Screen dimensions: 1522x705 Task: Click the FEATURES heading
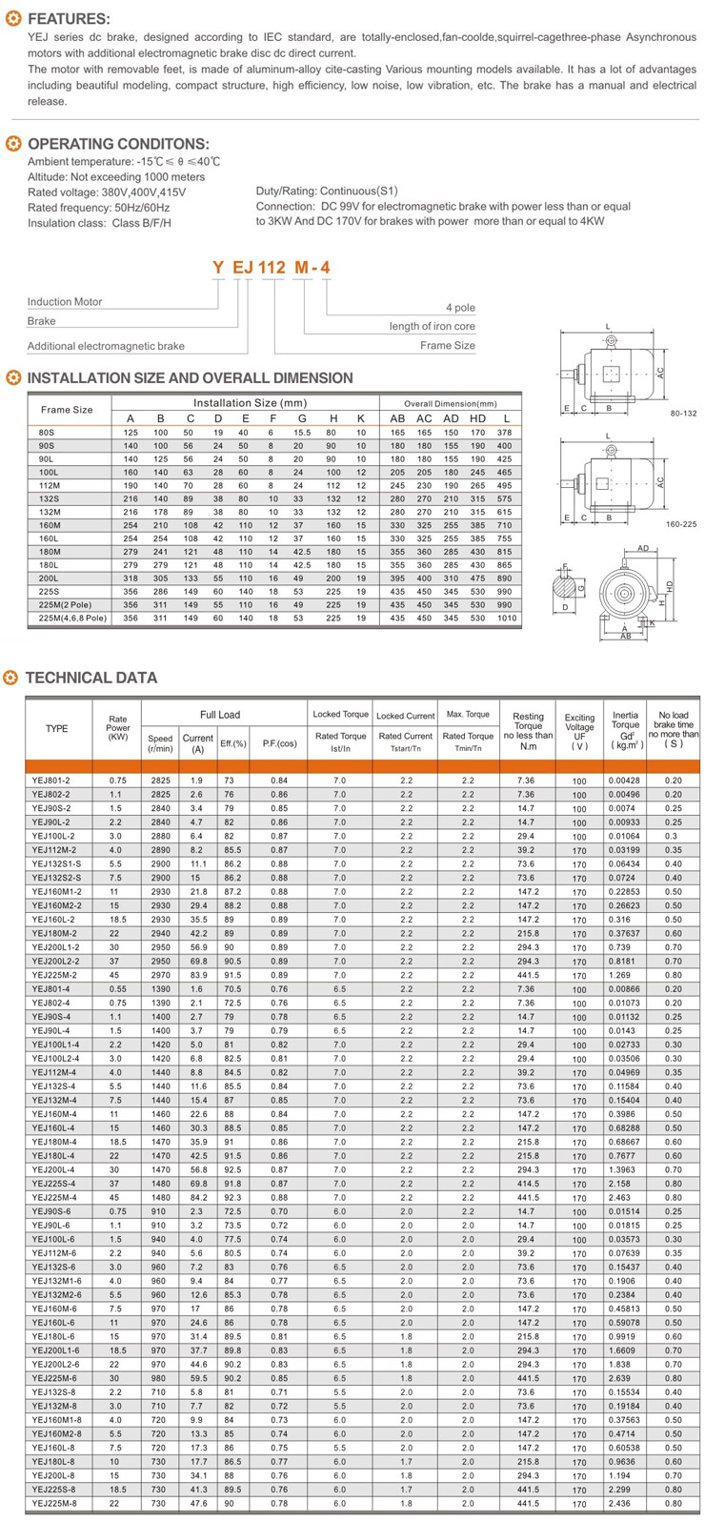point(69,19)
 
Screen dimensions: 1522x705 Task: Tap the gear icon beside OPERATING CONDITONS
point(13,144)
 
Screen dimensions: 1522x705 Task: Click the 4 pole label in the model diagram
point(460,308)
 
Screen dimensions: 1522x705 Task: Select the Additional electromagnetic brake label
point(106,346)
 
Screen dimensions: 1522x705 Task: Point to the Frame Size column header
point(67,409)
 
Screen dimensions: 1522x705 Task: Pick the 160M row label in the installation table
point(50,525)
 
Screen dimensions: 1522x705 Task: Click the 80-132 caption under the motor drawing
point(683,414)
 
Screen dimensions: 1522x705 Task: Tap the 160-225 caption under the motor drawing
point(681,524)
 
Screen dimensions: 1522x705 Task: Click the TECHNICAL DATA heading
point(91,678)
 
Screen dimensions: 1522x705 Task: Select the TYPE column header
point(57,729)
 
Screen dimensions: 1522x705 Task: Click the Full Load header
point(220,715)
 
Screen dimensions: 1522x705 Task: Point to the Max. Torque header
point(468,715)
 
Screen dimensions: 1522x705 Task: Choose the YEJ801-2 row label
point(51,781)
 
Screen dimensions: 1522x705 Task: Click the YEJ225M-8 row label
point(54,1504)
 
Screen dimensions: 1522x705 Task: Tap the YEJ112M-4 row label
point(54,1072)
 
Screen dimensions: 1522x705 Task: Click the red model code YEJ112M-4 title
point(271,268)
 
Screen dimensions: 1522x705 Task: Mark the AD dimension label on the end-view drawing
point(643,549)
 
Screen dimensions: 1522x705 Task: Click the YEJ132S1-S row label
point(56,863)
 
